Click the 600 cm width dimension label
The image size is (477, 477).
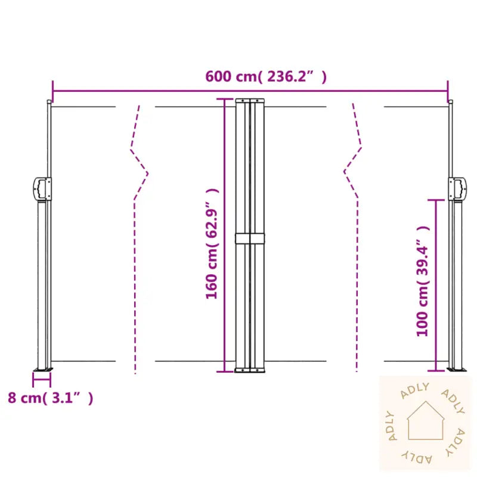266,76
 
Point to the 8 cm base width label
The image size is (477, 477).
50,398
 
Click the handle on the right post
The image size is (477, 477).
457,188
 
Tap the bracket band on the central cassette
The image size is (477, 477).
249,238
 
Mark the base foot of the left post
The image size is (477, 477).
43,370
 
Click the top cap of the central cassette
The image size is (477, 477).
249,100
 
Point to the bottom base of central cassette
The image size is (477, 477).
249,371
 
